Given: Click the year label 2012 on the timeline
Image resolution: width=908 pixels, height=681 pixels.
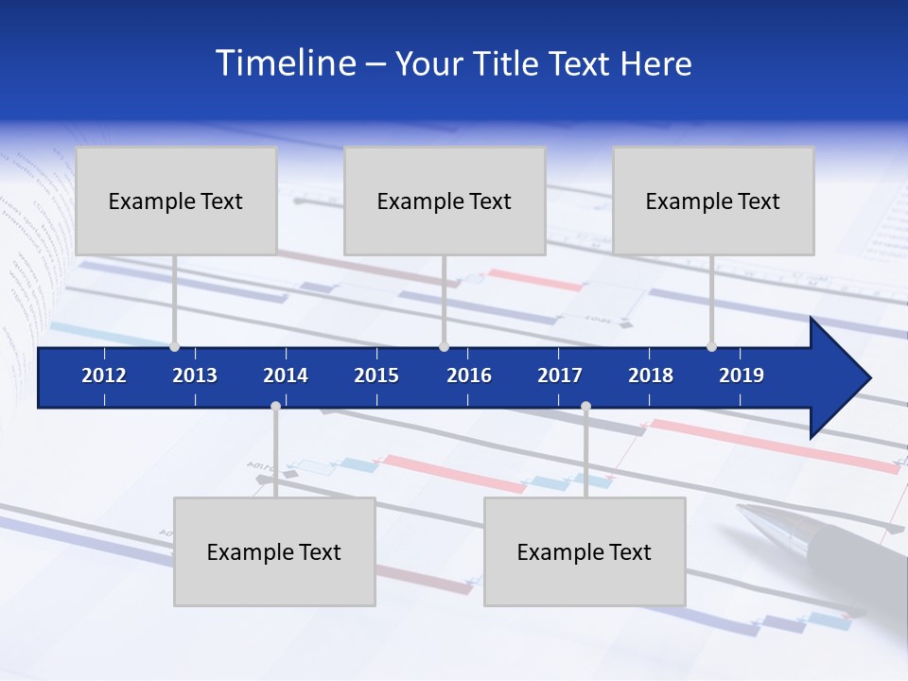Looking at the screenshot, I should [104, 375].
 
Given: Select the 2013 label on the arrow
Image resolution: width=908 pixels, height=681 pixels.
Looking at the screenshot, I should [195, 375].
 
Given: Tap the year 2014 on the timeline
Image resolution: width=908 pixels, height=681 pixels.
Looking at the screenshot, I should [286, 375].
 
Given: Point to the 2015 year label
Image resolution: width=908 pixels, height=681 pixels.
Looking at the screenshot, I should [376, 375].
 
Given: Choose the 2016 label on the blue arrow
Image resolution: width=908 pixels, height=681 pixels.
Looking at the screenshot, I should [469, 375].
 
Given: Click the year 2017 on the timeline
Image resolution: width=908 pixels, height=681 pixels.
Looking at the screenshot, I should [560, 375].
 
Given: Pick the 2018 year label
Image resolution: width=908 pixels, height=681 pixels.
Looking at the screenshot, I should [651, 375].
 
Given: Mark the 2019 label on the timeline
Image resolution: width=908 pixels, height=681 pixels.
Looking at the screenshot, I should [742, 375].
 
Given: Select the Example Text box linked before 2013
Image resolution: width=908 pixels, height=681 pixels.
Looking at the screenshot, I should [176, 201].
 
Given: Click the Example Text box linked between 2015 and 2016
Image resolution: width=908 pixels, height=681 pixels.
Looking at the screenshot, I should [445, 201].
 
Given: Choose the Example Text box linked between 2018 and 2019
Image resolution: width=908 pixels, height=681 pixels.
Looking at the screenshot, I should [713, 201].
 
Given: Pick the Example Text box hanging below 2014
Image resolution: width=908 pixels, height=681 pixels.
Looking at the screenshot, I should [274, 551].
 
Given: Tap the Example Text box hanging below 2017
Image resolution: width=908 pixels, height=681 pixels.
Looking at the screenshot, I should [585, 551].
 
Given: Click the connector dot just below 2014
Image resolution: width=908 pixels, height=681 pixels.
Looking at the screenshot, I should [275, 407].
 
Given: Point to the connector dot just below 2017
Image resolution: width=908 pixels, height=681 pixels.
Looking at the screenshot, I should [585, 407].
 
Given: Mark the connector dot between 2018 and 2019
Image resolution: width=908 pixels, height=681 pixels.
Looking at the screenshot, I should [711, 346].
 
